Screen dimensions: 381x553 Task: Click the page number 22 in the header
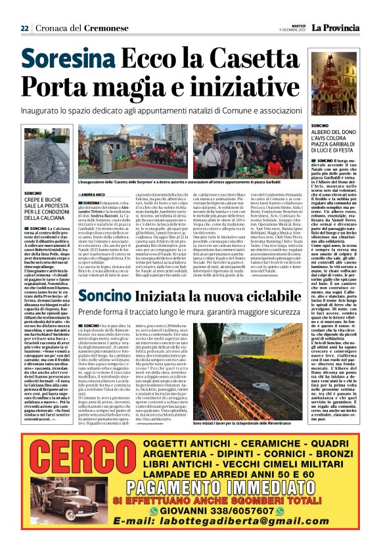pyautogui.click(x=24, y=28)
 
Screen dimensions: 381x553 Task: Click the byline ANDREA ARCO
pyautogui.click(x=93, y=195)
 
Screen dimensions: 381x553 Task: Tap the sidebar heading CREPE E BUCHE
pyautogui.click(x=41, y=200)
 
